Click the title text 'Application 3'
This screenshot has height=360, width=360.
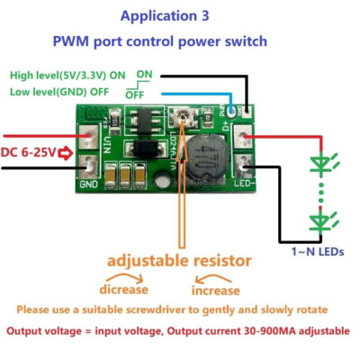[x=180, y=16]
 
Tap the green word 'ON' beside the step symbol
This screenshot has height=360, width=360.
[x=143, y=75]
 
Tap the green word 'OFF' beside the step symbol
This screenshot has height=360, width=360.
[x=135, y=94]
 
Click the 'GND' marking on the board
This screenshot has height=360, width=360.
[x=88, y=184]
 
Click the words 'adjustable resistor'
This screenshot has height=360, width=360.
[x=180, y=261]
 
